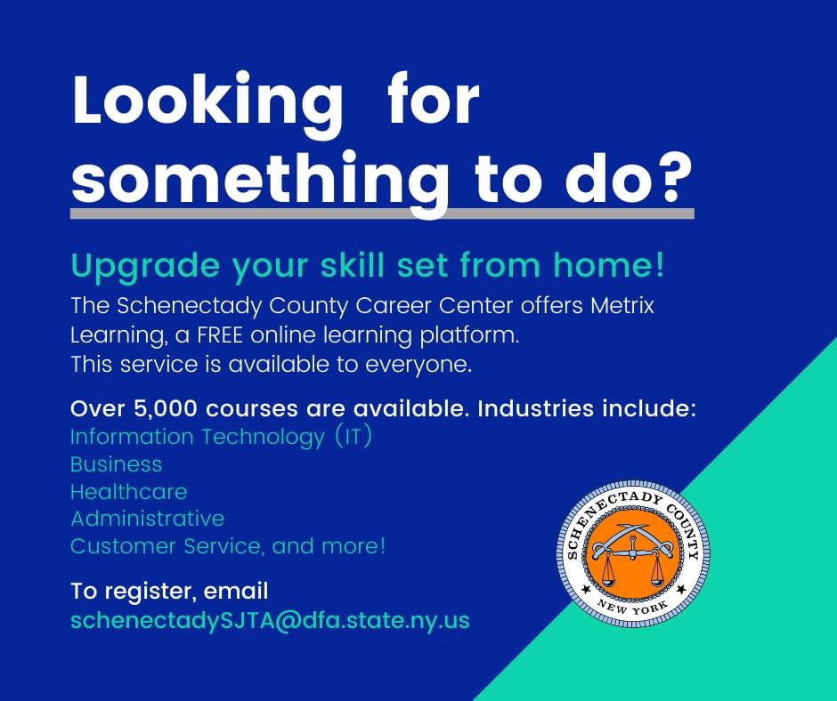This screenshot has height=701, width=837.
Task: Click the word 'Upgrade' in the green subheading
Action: pyautogui.click(x=145, y=266)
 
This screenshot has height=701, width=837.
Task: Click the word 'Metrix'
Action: pyautogui.click(x=622, y=306)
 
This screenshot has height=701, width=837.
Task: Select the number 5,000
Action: pyautogui.click(x=166, y=409)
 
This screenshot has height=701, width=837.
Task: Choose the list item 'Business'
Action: pyautogui.click(x=117, y=464)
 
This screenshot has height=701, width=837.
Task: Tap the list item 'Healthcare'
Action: pyautogui.click(x=128, y=491)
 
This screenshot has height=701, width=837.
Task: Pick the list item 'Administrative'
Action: pyautogui.click(x=147, y=519)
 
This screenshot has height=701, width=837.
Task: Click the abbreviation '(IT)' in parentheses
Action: pyautogui.click(x=353, y=437)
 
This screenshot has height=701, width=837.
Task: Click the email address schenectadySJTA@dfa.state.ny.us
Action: pyautogui.click(x=270, y=620)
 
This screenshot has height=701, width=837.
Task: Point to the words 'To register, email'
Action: pyautogui.click(x=169, y=591)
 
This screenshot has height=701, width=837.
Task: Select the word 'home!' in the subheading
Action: pyautogui.click(x=608, y=265)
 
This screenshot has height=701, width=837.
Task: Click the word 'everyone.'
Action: pyautogui.click(x=418, y=366)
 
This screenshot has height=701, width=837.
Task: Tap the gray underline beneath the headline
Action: pyautogui.click(x=382, y=214)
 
